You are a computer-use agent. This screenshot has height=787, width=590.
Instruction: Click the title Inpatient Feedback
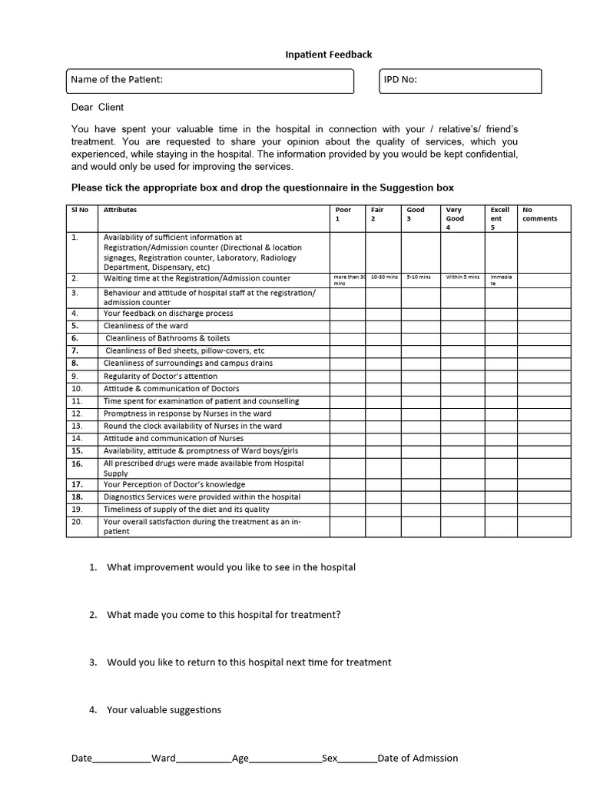(328, 55)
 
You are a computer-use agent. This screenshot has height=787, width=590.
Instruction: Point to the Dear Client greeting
(98, 107)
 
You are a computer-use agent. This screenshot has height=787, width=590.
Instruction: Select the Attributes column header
(121, 210)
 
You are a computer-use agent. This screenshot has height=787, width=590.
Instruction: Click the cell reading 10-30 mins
(383, 277)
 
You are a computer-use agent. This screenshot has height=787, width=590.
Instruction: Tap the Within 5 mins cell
(462, 277)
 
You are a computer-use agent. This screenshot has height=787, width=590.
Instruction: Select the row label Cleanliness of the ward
(146, 326)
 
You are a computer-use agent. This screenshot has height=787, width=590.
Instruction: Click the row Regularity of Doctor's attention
(161, 376)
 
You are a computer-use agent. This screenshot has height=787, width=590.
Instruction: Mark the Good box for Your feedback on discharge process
(421, 314)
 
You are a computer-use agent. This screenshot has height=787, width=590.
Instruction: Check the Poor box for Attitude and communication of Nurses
(347, 438)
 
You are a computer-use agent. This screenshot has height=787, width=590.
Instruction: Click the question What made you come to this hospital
(224, 614)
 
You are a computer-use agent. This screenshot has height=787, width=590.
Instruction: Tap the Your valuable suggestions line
(164, 709)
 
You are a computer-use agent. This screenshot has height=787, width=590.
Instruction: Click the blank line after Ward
(204, 759)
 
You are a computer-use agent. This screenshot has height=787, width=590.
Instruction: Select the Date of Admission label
(418, 758)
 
